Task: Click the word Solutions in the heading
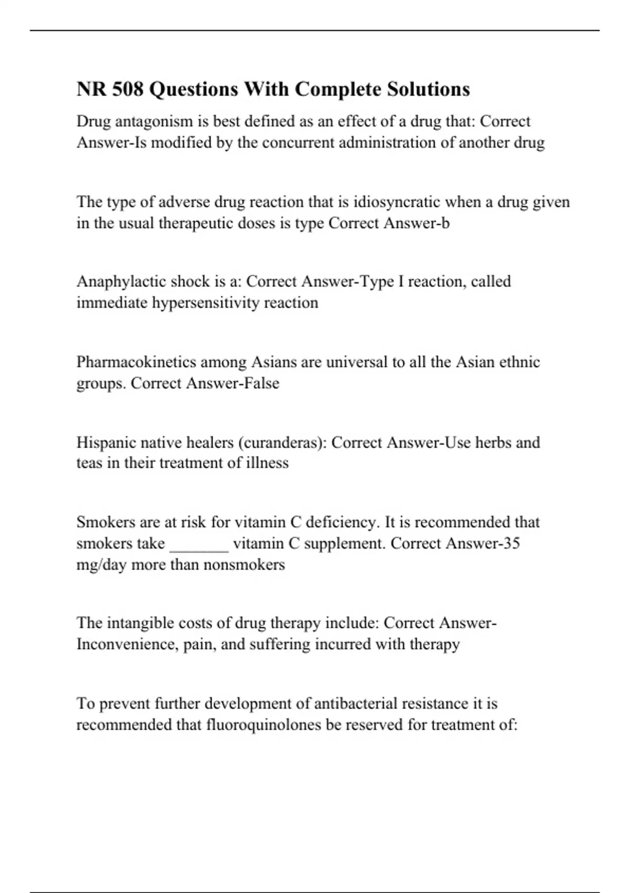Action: [x=428, y=89]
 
